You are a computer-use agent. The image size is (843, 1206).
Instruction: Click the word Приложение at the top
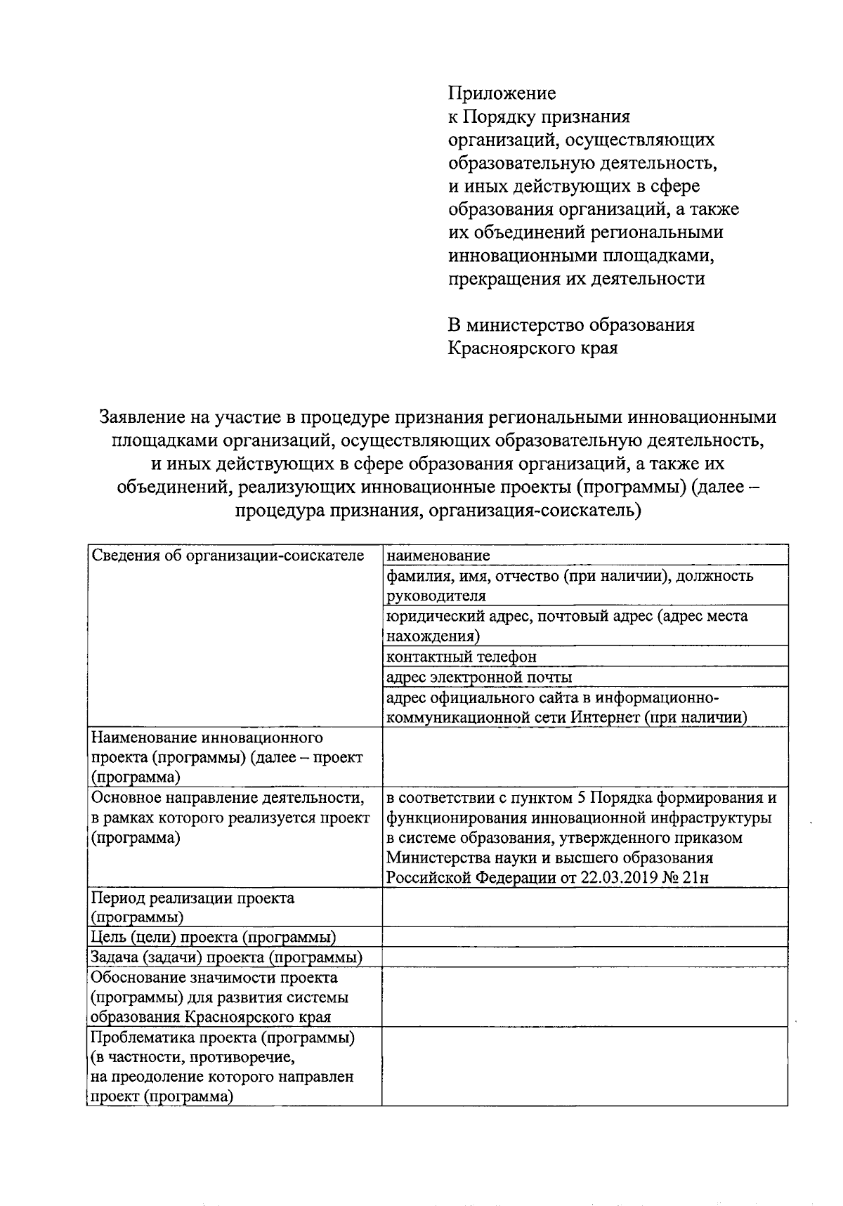click(502, 93)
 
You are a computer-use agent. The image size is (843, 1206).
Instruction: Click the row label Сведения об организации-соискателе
click(228, 556)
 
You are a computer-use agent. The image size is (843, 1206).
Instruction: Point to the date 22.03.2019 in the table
click(618, 878)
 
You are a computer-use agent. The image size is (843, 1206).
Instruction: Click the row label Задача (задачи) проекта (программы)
click(227, 957)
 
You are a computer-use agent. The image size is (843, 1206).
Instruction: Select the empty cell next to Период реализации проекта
click(584, 907)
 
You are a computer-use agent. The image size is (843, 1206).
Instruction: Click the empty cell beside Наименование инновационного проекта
click(584, 756)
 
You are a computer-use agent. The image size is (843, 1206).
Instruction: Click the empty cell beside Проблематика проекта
click(584, 1067)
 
